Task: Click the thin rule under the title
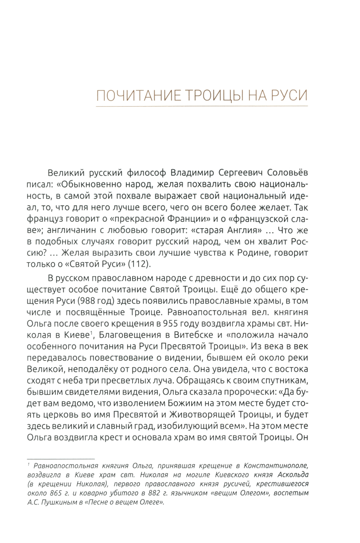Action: click(202, 106)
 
